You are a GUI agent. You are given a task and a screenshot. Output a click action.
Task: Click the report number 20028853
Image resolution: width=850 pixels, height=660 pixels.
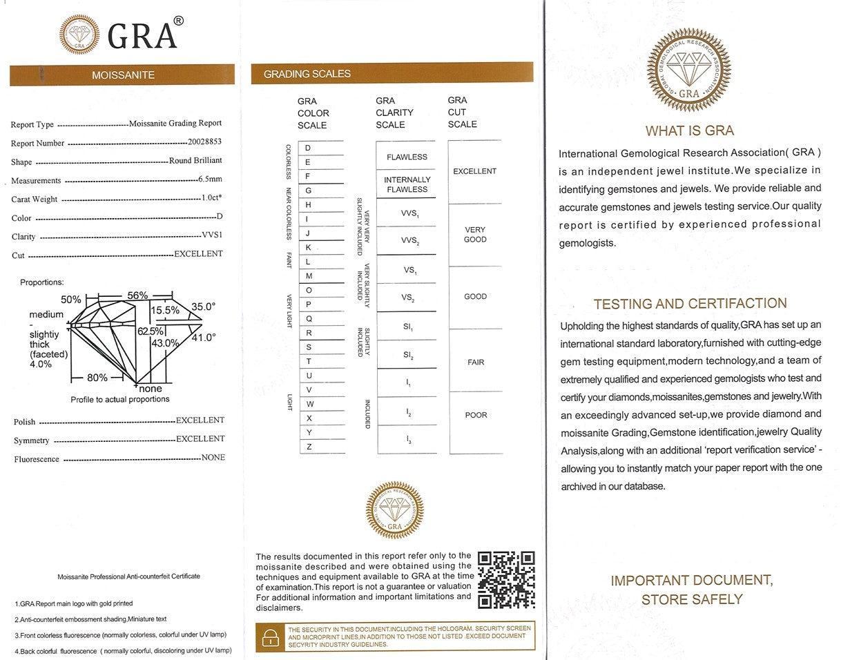[204, 142]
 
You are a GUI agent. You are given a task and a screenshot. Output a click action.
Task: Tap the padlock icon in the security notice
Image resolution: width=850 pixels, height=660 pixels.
[271, 637]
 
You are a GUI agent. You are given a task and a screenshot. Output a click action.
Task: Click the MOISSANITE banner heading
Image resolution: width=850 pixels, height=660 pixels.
[123, 75]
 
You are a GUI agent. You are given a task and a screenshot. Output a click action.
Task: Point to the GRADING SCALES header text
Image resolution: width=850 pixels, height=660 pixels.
[307, 73]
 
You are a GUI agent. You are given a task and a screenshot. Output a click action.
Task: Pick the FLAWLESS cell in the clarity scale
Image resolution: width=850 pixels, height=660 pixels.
[407, 157]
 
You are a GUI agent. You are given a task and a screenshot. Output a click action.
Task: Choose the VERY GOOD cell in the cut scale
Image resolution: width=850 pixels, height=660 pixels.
[475, 235]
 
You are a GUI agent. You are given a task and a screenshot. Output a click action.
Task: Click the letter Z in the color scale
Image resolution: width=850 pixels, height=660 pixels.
[309, 447]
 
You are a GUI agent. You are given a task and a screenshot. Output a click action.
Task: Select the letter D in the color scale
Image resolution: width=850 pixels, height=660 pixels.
[308, 148]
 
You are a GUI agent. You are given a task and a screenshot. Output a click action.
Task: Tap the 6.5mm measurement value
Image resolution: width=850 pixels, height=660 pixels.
[210, 179]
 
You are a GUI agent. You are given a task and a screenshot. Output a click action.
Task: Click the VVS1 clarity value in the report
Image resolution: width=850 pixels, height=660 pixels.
[212, 235]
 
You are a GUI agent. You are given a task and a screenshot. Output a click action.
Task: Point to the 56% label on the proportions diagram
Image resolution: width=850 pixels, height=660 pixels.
[137, 295]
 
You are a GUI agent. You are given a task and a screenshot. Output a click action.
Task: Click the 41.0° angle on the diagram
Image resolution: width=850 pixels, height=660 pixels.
[204, 338]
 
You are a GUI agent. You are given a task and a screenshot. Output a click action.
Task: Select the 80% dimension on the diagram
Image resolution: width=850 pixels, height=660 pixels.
[97, 378]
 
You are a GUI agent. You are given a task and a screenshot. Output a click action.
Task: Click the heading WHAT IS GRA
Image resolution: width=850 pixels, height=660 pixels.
[689, 130]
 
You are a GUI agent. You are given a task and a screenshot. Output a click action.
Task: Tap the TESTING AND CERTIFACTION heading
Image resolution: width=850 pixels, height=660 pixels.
[690, 303]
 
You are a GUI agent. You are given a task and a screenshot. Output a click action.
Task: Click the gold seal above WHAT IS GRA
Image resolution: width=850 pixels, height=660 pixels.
[688, 70]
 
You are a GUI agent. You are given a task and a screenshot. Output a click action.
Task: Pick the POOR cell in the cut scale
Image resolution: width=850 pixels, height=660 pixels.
[476, 415]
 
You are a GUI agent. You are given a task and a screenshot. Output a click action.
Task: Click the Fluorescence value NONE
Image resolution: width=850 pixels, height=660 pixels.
[213, 457]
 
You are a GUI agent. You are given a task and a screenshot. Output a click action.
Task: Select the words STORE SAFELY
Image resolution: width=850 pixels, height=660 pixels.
[692, 599]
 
